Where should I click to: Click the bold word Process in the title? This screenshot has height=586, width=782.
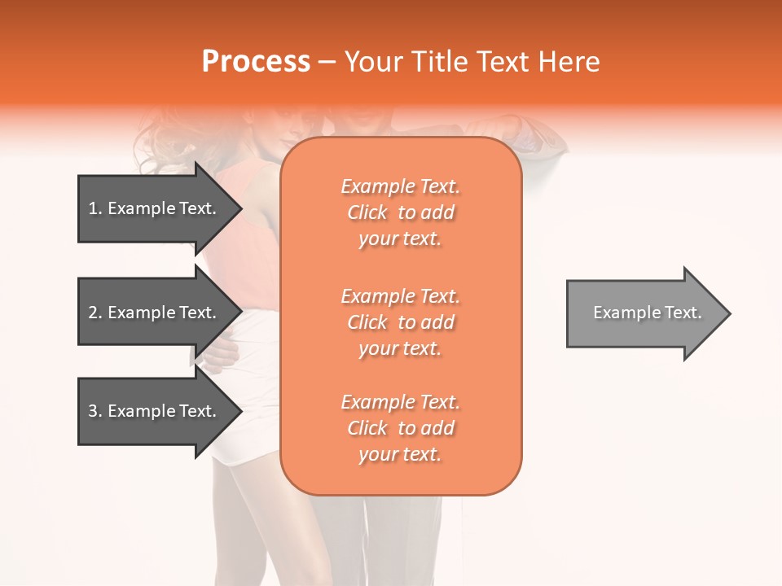256,62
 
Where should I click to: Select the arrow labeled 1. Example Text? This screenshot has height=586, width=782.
155,208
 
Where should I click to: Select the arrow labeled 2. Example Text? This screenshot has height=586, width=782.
155,313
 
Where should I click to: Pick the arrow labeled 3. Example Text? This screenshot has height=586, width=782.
155,411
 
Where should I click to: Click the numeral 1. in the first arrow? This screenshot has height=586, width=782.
95,208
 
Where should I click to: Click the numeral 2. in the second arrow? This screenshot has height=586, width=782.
95,313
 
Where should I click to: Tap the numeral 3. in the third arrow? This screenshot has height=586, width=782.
95,411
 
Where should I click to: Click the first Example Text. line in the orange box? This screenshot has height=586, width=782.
400,186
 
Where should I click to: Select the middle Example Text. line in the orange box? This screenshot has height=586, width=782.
400,296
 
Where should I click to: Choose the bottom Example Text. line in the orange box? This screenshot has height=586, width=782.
400,402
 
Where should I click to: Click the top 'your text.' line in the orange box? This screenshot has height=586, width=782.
400,239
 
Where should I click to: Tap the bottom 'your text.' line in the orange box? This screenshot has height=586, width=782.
400,455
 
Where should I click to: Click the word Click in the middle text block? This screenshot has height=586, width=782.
367,322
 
